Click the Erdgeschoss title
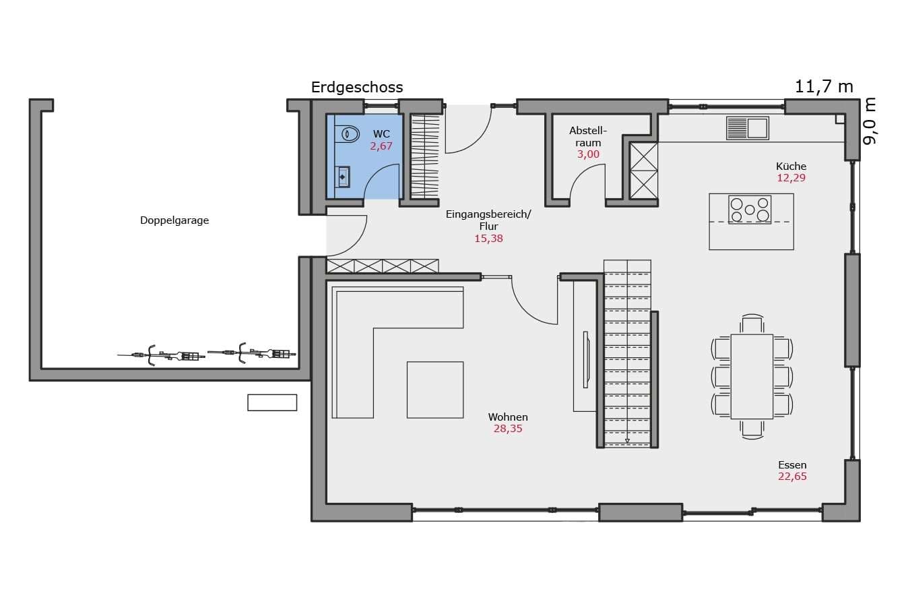click(357, 88)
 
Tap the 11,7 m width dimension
click(824, 87)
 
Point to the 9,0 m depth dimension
click(869, 121)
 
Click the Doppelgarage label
click(174, 220)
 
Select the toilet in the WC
click(347, 134)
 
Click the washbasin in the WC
click(343, 177)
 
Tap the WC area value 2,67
click(381, 146)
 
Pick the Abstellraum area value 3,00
click(588, 154)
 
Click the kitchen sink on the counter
click(748, 128)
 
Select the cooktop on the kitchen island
click(750, 210)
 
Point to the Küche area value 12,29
click(791, 178)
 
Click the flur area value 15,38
click(488, 239)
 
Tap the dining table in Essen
click(752, 376)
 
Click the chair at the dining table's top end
click(752, 324)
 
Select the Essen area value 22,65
click(792, 476)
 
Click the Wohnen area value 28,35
click(508, 429)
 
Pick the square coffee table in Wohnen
click(435, 390)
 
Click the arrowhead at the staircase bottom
click(627, 441)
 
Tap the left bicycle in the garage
click(162, 355)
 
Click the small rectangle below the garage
click(272, 403)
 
